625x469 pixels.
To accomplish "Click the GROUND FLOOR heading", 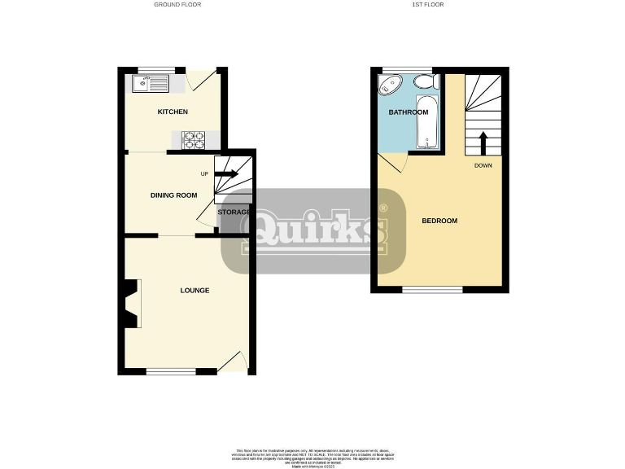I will tap(177, 5).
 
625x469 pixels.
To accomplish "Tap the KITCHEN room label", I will tap(173, 112).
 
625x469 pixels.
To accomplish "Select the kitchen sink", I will tap(150, 82).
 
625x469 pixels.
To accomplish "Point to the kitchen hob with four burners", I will tap(194, 139).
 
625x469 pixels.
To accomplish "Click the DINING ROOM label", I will tap(174, 195).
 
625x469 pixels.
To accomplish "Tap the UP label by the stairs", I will tap(204, 173).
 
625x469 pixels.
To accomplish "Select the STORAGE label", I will tap(234, 213).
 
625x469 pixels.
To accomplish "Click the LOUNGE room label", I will tap(195, 290).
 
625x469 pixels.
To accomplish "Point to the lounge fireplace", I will tap(130, 304).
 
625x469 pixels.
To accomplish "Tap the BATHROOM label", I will tap(408, 112).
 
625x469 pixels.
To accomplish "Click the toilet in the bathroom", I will tap(424, 81).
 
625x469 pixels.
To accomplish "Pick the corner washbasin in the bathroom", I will tap(390, 85).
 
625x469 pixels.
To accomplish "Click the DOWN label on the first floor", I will tap(483, 165).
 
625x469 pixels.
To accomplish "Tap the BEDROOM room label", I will tap(439, 221).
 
